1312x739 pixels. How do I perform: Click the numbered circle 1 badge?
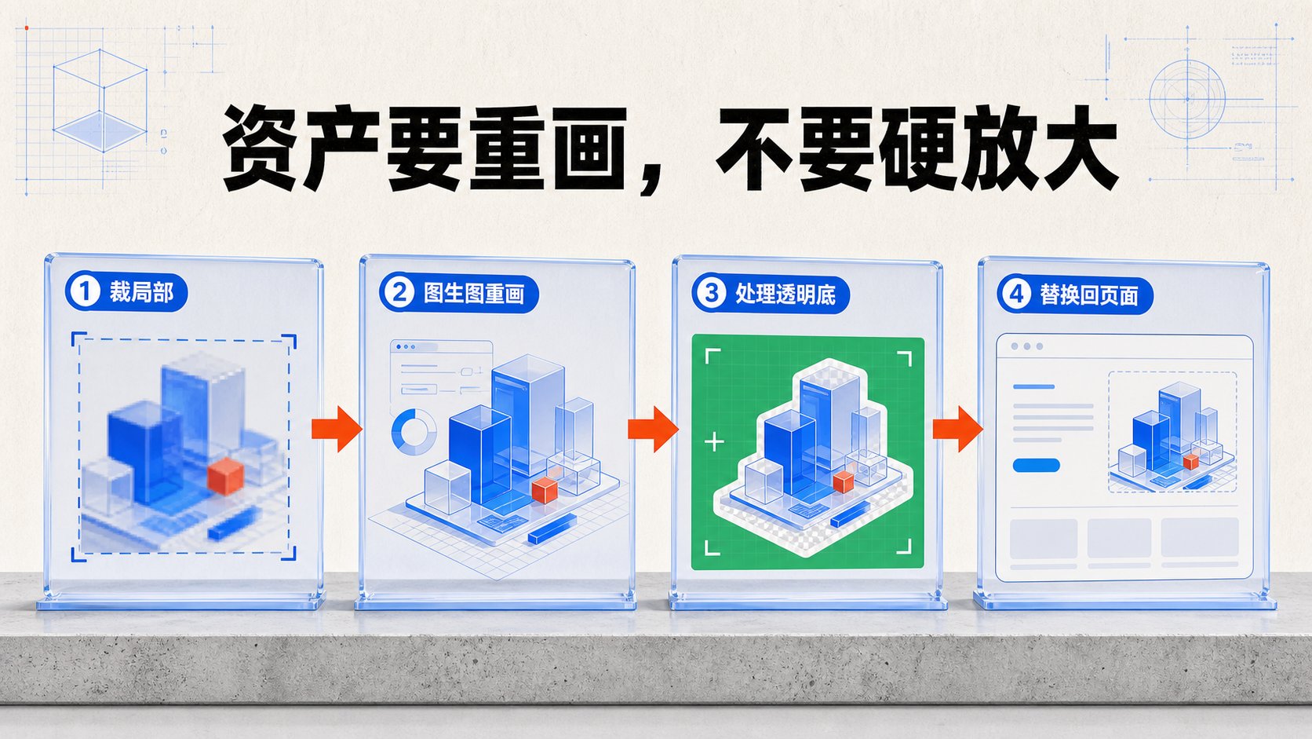85,291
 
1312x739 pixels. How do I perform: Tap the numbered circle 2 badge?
399,292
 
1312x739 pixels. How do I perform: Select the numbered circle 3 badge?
712,293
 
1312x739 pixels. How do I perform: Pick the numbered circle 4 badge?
1017,295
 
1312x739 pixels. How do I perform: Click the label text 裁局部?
141,291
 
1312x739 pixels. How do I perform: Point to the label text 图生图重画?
474,293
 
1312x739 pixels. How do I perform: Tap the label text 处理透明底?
785,294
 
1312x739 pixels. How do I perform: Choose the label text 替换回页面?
1089,295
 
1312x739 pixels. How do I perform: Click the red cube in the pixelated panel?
225,476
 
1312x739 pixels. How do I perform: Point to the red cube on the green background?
843,481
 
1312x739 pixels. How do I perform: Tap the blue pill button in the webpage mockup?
1036,466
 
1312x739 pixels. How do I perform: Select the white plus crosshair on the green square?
714,441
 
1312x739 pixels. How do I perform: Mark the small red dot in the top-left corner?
27,27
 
